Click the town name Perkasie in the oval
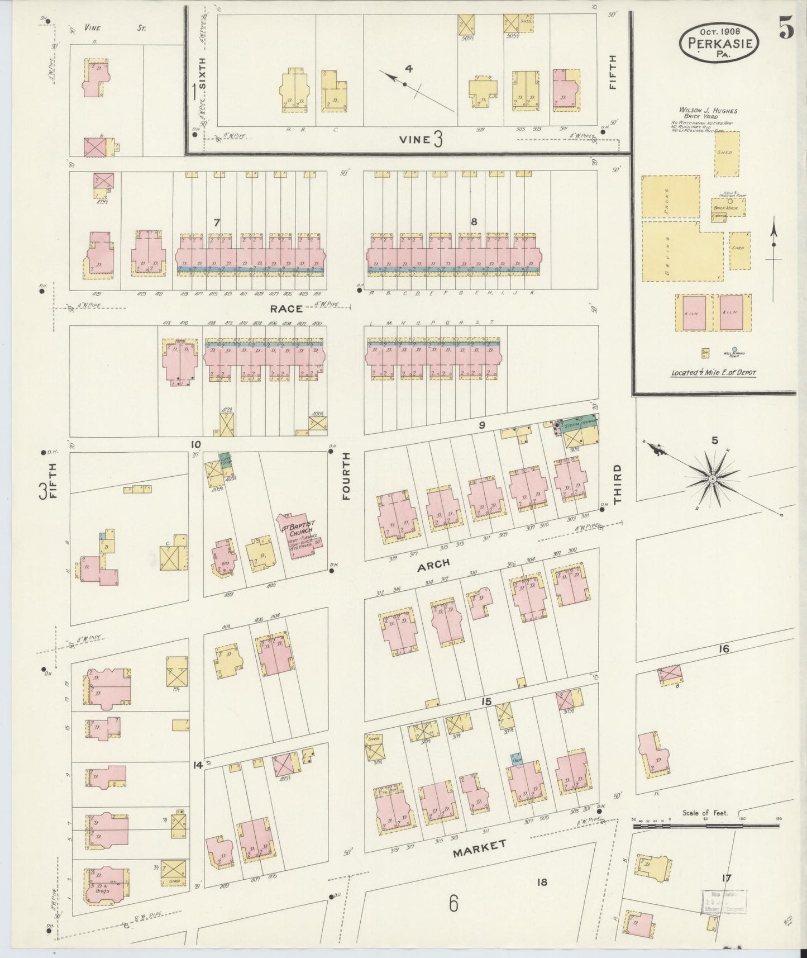[719, 43]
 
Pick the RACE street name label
[286, 309]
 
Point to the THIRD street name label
[618, 485]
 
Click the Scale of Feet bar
[705, 825]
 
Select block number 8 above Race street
[474, 222]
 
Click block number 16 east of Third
[724, 649]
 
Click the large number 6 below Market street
[453, 902]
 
